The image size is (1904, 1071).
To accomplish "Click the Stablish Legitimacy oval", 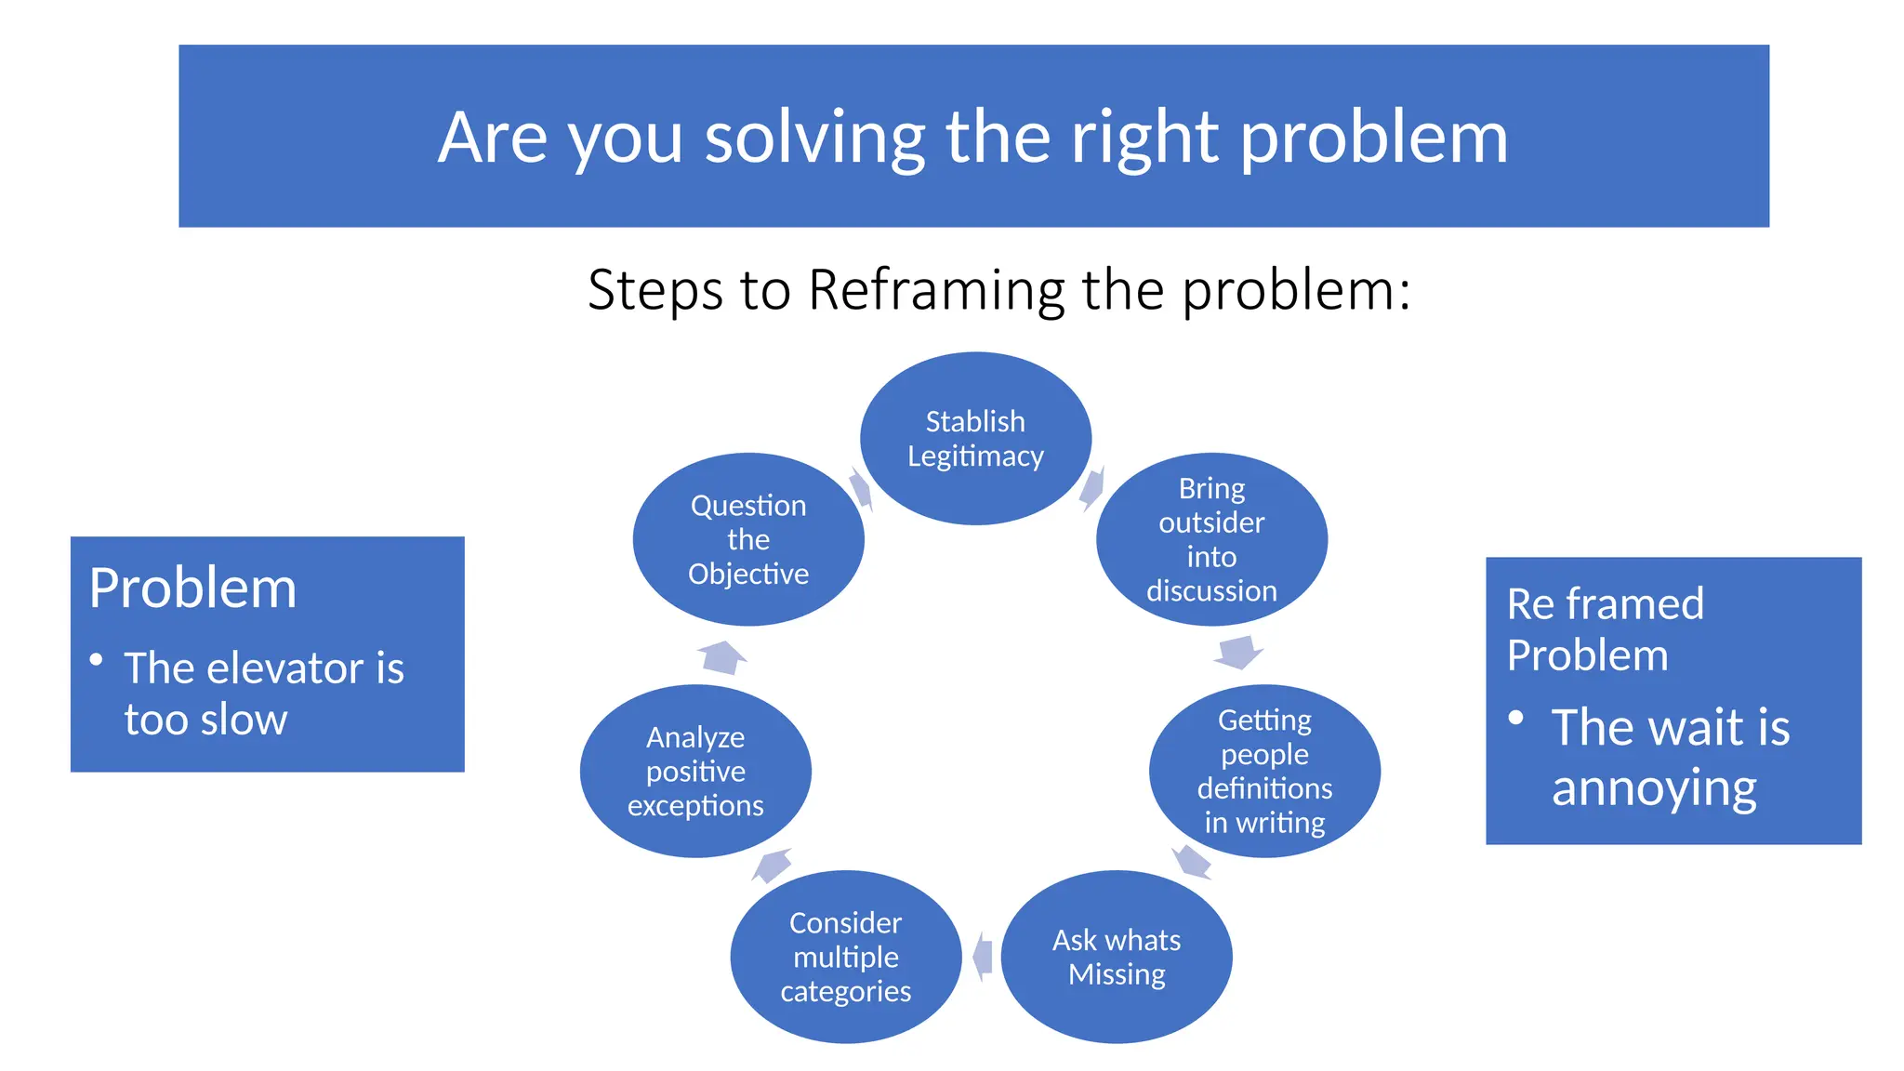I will pos(975,439).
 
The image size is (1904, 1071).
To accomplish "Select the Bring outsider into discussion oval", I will pos(1211,539).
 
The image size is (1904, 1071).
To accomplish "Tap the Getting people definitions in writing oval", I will pos(1264,771).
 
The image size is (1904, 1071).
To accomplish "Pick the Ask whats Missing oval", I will pos(1117,957).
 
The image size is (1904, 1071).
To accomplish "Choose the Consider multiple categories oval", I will pos(845,957).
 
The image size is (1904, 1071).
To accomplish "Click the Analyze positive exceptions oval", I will pos(695,771).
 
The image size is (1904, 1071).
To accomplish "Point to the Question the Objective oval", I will pos(748,539).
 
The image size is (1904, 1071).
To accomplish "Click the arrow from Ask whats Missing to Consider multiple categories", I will pos(983,957).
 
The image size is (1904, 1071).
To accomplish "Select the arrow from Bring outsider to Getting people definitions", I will pos(1238,652).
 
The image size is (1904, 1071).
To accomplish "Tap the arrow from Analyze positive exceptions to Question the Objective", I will pos(722,656).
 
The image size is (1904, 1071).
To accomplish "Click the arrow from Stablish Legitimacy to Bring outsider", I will pos(1092,488).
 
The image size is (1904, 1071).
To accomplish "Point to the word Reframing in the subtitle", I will pos(936,290).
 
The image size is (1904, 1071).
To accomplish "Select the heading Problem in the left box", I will pos(193,588).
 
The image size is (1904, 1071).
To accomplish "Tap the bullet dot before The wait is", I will pos(1516,718).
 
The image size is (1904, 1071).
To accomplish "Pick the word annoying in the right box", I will pos(1654,788).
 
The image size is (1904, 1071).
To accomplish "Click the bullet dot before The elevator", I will pos(96,660).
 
